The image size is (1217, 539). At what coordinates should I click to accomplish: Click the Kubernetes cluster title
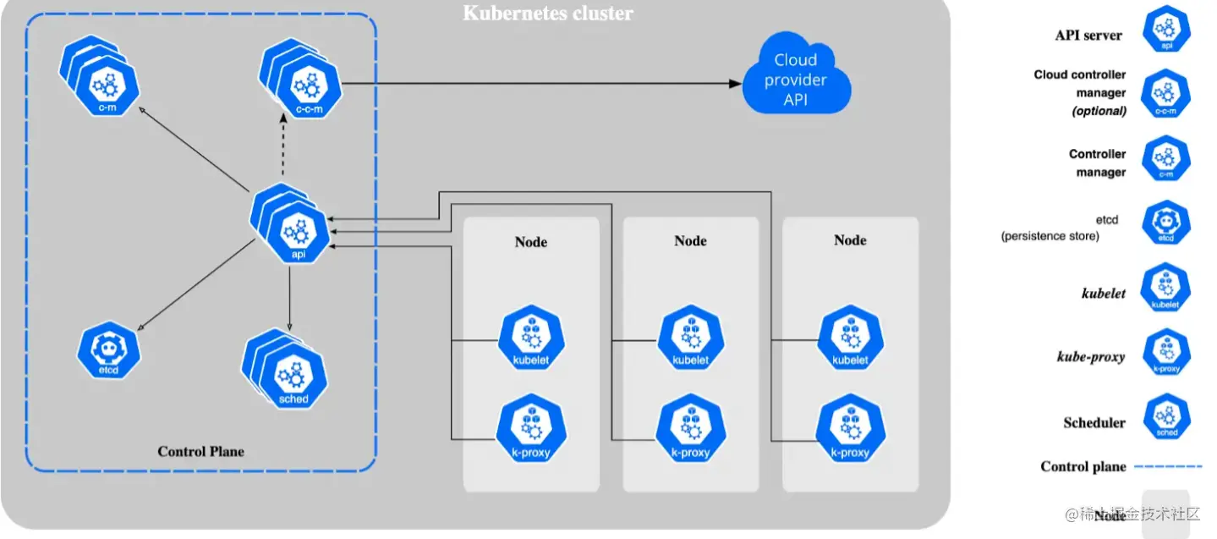pyautogui.click(x=548, y=14)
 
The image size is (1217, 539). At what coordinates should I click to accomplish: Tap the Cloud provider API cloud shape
pyautogui.click(x=796, y=81)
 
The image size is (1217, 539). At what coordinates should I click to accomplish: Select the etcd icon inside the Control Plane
pyautogui.click(x=108, y=349)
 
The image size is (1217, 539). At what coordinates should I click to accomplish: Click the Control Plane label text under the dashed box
pyautogui.click(x=200, y=451)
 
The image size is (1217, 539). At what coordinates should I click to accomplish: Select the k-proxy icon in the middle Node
pyautogui.click(x=690, y=430)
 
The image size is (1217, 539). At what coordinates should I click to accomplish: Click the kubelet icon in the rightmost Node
pyautogui.click(x=850, y=338)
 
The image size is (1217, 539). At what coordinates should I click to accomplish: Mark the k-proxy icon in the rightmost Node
pyautogui.click(x=850, y=430)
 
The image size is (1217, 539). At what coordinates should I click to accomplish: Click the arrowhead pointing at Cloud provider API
pyautogui.click(x=734, y=83)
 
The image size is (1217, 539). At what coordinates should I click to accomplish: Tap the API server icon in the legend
pyautogui.click(x=1166, y=30)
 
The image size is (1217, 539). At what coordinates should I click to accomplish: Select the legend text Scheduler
pyautogui.click(x=1094, y=422)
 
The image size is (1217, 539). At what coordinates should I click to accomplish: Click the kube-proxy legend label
pyautogui.click(x=1091, y=357)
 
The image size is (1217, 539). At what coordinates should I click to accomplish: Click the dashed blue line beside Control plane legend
pyautogui.click(x=1167, y=466)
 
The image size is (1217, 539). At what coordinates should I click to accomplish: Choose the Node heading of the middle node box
pyautogui.click(x=690, y=240)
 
